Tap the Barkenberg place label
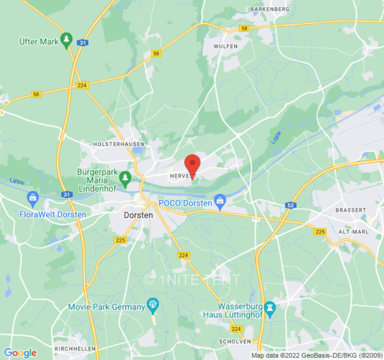270,9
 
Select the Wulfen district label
226,46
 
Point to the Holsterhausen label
118,144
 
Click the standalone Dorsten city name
138,215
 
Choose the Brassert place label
351,210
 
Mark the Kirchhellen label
75,349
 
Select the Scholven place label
234,341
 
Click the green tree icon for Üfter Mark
67,40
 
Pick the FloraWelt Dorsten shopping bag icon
32,198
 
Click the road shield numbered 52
290,205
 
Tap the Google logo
20,353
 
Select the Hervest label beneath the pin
183,176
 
